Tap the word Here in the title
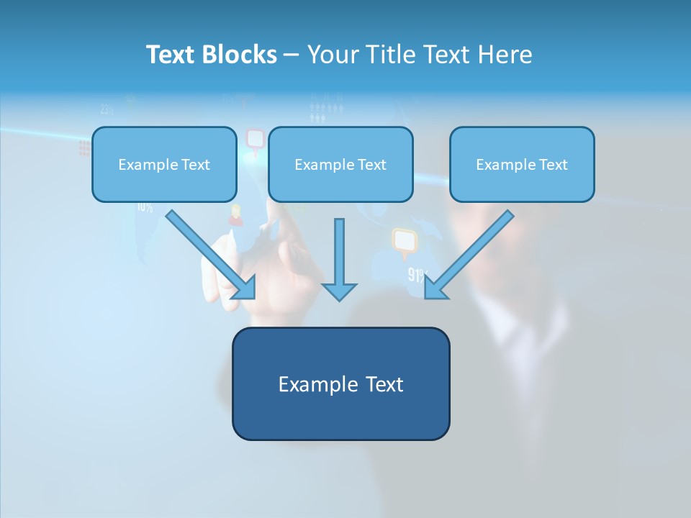click(504, 55)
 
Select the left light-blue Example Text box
click(164, 164)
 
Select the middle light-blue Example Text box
click(340, 164)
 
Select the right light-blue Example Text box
click(522, 164)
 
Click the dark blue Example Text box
click(340, 383)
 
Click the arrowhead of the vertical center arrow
click(339, 291)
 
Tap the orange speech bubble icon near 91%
click(405, 242)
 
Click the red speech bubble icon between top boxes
click(255, 139)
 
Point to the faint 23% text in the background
click(107, 110)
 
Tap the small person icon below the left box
click(235, 214)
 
